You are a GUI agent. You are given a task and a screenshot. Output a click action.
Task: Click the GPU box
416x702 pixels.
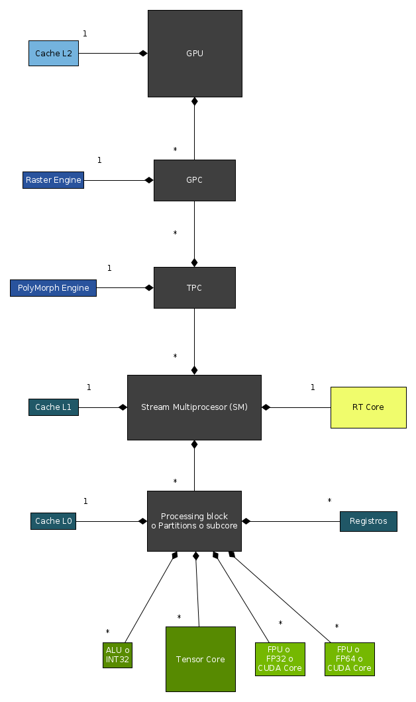195,54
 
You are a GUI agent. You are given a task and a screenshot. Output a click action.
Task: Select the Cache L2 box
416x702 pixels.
54,53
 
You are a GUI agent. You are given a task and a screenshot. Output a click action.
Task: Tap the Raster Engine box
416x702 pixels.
53,180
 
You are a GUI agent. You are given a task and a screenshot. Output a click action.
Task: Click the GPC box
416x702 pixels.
195,180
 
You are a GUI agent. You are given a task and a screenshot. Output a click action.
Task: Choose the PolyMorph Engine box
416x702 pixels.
53,288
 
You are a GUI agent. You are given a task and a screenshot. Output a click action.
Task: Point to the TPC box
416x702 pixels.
195,288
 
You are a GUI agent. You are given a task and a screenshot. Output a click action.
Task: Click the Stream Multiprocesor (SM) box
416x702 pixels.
194,407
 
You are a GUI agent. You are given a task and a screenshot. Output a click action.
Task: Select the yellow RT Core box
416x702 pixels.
368,407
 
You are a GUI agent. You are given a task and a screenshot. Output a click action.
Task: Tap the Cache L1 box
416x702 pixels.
54,407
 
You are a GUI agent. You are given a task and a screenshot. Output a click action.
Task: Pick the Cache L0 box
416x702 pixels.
54,521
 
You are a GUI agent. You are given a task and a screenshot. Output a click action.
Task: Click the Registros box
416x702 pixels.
368,521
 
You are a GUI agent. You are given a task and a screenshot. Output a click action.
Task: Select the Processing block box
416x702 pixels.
194,521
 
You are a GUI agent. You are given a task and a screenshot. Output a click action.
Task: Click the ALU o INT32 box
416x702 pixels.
118,655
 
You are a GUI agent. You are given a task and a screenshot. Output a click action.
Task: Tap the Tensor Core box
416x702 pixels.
201,659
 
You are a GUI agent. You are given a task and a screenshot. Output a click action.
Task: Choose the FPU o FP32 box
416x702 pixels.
280,659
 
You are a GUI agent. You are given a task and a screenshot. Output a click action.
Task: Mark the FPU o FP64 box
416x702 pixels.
350,659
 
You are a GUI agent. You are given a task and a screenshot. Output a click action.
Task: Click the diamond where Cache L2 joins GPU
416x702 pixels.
143,53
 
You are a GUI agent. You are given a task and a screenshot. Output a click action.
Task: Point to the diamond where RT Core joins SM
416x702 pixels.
266,407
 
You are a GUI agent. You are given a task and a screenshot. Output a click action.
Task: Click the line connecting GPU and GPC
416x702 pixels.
194,132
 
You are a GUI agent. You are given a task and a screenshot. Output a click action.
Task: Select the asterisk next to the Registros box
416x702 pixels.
329,501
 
